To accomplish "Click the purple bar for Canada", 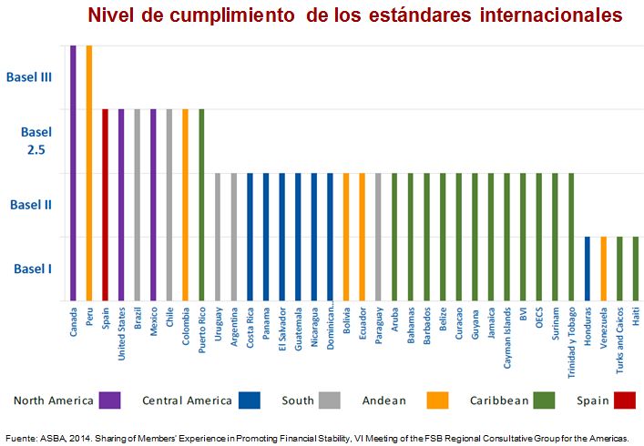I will [x=73, y=173].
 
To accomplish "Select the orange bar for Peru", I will [x=89, y=173].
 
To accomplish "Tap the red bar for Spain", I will [x=106, y=205].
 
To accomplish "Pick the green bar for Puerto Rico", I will [x=201, y=205].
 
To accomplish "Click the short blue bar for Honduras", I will [x=588, y=269].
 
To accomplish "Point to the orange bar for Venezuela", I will [x=604, y=269].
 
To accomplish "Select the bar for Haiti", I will [x=636, y=269].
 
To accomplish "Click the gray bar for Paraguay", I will [x=377, y=237].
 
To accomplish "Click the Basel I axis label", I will [x=34, y=269].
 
